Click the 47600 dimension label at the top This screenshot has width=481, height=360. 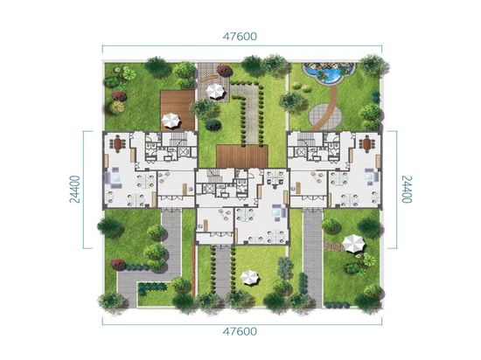coord(240,36)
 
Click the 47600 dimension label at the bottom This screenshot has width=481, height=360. coord(240,331)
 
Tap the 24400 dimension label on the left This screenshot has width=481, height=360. coord(75,190)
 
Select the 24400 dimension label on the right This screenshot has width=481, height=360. coord(407,190)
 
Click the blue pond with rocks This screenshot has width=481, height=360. coord(328,73)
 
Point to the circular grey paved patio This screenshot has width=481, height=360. coord(325,116)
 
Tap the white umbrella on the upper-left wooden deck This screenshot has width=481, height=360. coord(171,120)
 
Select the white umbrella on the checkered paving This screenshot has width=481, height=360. coord(216,91)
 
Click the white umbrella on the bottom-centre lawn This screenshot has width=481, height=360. coord(250,278)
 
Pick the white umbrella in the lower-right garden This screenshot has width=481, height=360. coord(354,244)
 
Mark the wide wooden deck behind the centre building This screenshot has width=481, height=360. coord(242,156)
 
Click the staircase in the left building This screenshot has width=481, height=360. coord(178,140)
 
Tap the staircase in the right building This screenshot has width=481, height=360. coord(306,140)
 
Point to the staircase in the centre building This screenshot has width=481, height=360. coord(213,176)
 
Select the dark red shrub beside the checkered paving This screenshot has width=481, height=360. coord(225,71)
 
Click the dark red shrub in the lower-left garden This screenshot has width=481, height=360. coord(118,264)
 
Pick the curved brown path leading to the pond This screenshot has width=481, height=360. coord(325,107)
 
